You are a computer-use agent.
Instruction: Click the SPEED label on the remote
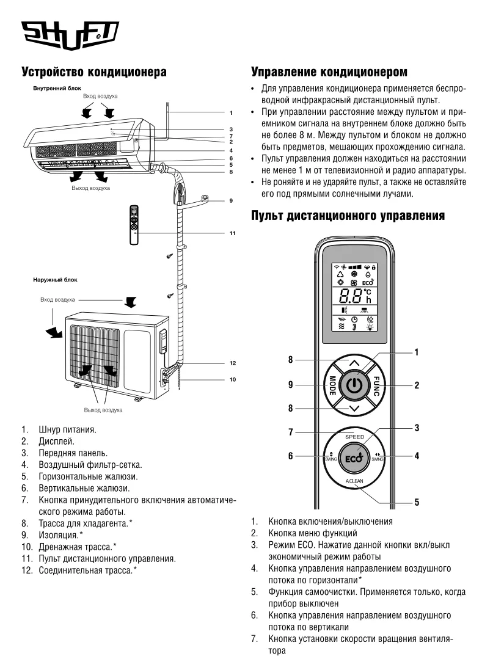(354, 437)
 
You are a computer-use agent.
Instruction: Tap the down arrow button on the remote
(354, 407)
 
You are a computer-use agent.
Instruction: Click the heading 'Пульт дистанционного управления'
(348, 216)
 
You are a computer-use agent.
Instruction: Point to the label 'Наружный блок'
(55, 280)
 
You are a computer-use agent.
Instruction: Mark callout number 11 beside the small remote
(232, 233)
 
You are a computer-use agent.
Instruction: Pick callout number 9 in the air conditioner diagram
(232, 200)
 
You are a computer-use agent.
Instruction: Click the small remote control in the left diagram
(135, 224)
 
